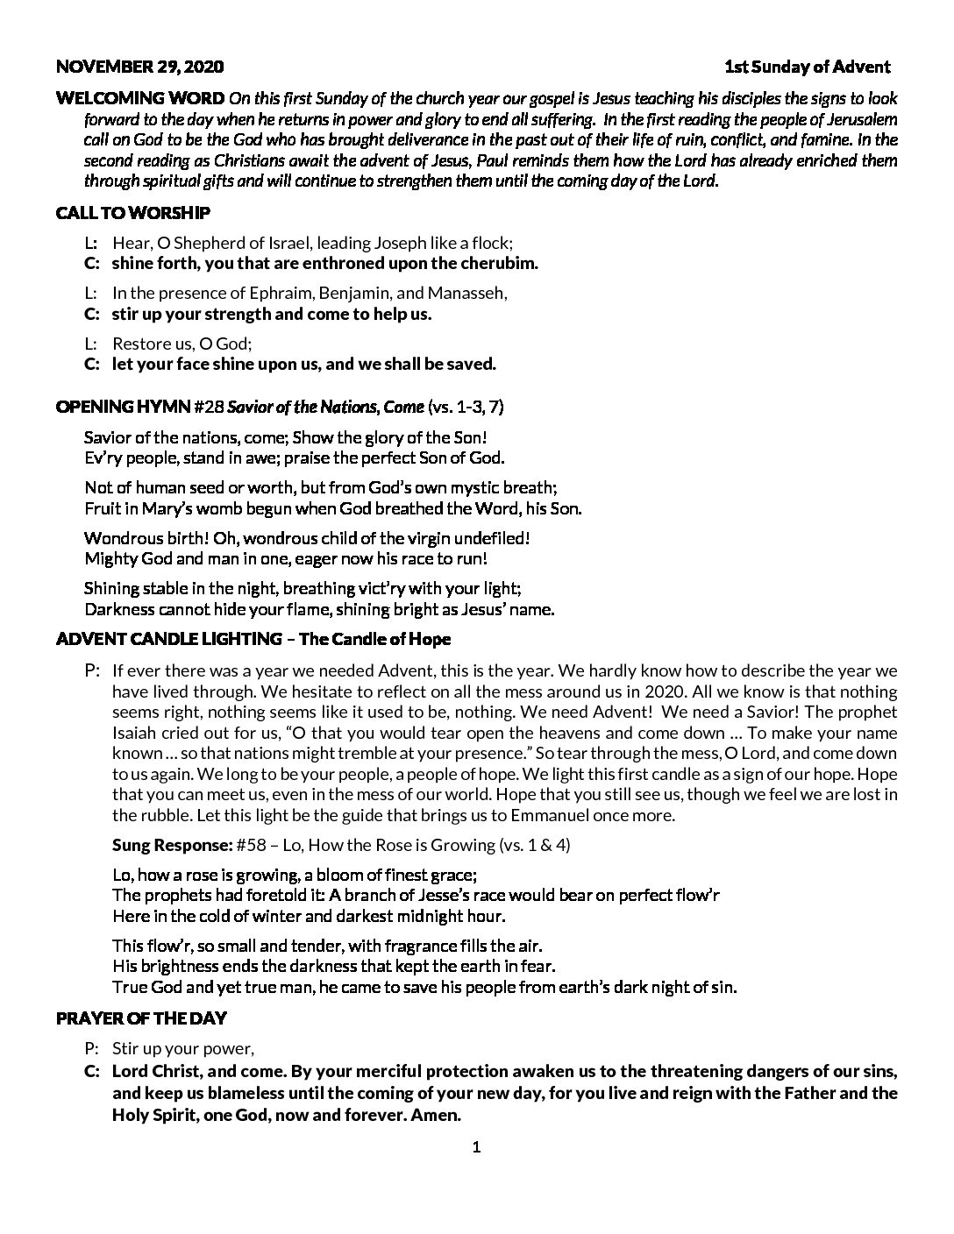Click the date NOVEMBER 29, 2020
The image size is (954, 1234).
[x=139, y=67]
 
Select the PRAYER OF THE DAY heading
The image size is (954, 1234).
[x=141, y=1018]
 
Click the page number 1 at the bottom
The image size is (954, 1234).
[x=477, y=1148]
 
